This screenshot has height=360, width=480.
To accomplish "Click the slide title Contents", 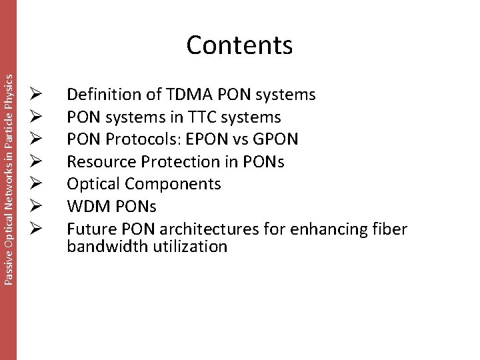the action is (240, 45).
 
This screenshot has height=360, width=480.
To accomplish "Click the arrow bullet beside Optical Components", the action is (37, 185).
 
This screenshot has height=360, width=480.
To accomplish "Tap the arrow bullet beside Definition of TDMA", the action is (37, 95).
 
